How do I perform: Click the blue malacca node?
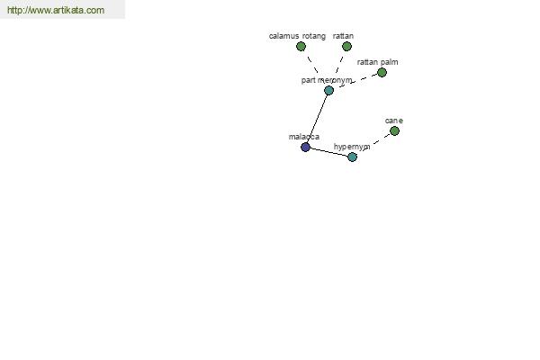point(305,147)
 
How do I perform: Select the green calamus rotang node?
point(301,46)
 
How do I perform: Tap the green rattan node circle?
point(346,46)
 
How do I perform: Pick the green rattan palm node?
point(382,72)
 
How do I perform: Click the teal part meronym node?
point(328,91)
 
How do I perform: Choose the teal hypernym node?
point(352,157)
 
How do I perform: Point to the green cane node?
point(395,130)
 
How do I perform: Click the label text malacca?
point(304,137)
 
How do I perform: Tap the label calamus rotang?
point(297,36)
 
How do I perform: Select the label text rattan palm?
point(377,62)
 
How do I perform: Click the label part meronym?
point(327,80)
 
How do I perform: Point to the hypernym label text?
point(352,147)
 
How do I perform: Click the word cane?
point(394,121)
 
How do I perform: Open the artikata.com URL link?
point(56,10)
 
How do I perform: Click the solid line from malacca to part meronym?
point(317,119)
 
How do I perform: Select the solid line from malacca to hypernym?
point(328,152)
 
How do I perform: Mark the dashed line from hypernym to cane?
point(375,142)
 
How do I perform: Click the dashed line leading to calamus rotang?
point(312,64)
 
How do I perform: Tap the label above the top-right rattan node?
point(343,36)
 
